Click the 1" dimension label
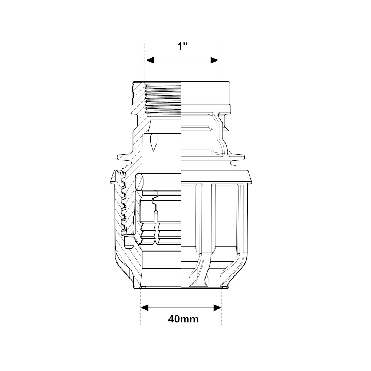point(183,46)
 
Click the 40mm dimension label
point(183,319)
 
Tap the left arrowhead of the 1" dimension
point(150,60)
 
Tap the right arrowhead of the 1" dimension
point(214,60)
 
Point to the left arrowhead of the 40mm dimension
point(145,308)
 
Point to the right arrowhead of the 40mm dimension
point(217,308)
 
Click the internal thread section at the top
point(162,98)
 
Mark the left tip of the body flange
point(118,157)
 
